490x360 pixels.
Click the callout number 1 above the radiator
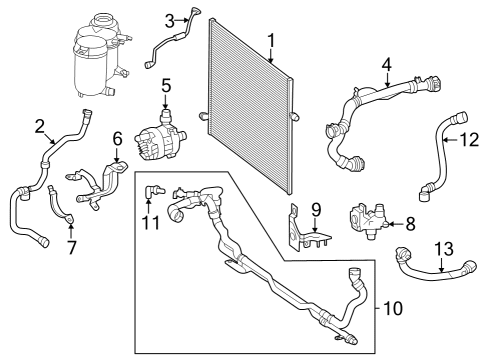272,41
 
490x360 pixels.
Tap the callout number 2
40,127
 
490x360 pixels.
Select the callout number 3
170,21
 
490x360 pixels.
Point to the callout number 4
387,65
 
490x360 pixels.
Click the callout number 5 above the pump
166,86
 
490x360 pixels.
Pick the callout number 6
117,139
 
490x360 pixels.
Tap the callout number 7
72,247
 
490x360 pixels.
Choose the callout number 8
410,224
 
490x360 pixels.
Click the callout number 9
316,210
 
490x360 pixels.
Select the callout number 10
393,308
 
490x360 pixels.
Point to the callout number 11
152,222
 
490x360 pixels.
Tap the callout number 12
469,140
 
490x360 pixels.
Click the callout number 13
444,249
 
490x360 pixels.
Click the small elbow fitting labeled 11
153,191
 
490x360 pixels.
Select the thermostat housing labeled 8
368,220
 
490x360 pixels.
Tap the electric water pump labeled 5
160,138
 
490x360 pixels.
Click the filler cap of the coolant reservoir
102,22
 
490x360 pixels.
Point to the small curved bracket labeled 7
60,206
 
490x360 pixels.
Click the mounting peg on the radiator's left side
203,116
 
